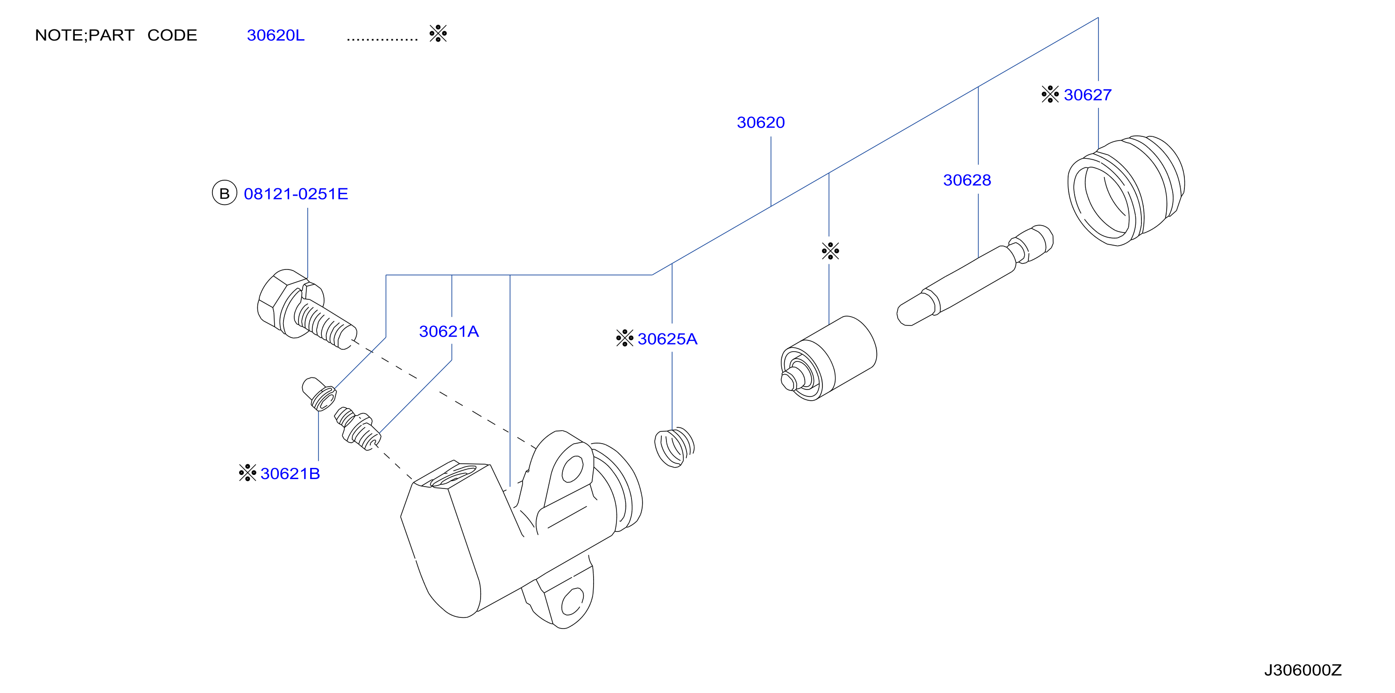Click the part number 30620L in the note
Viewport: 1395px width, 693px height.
[x=276, y=35]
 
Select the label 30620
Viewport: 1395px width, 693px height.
[x=760, y=122]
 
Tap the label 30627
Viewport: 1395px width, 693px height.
[x=1087, y=95]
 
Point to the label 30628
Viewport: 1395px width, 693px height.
[x=967, y=180]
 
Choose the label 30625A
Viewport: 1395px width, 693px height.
[x=667, y=339]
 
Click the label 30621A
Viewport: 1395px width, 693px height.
[x=449, y=332]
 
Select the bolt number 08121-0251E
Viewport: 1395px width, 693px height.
[x=296, y=194]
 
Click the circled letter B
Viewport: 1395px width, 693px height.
[x=224, y=193]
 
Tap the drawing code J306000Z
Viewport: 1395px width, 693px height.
[x=1303, y=670]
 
